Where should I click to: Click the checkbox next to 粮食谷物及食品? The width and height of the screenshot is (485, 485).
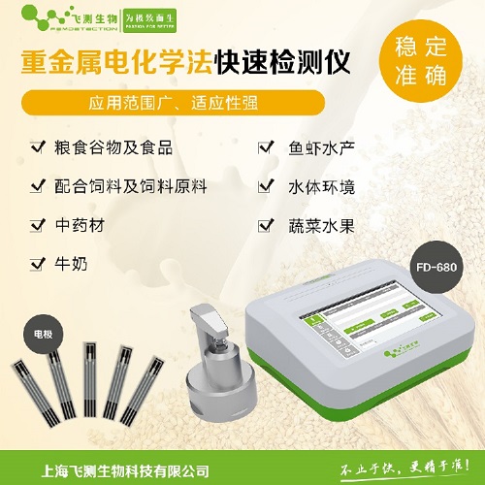click(x=38, y=147)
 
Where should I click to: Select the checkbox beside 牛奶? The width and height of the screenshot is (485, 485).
click(x=38, y=262)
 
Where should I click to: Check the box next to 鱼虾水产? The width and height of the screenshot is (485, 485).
click(x=264, y=147)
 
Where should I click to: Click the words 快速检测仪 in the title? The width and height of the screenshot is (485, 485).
click(x=304, y=61)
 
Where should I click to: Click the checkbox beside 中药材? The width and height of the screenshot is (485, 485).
click(x=38, y=224)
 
